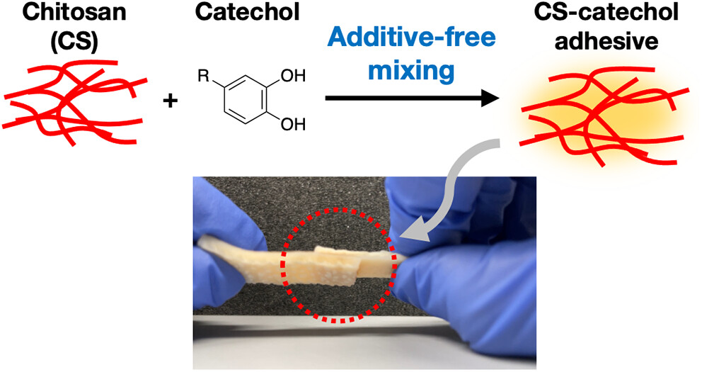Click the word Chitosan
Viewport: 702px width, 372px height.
point(74,12)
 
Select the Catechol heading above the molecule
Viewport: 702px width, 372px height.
point(248,12)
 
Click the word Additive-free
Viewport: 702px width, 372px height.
point(411,38)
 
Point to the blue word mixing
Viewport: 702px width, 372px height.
point(411,71)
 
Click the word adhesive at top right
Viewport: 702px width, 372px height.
point(606,41)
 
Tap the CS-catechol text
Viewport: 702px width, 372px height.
point(606,12)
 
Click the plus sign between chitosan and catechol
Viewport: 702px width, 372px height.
point(170,101)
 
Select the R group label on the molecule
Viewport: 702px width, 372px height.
point(204,77)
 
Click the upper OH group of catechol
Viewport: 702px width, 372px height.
point(293,76)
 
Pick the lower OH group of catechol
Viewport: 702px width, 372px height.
point(293,124)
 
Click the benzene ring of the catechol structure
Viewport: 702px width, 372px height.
point(244,99)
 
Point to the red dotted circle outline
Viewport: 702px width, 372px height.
point(339,265)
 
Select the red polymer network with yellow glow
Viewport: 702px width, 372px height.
point(605,115)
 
